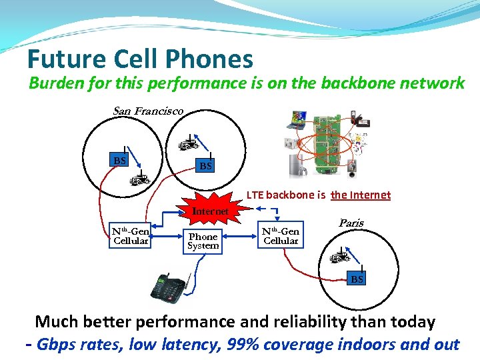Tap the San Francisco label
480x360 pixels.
[x=148, y=111]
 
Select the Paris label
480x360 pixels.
[x=351, y=223]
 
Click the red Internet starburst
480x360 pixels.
[x=210, y=211]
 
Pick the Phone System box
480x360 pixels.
[x=203, y=241]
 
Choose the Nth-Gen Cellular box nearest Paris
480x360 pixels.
[x=281, y=235]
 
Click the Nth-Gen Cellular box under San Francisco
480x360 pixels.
[x=131, y=235]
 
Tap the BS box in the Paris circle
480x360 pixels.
[x=357, y=279]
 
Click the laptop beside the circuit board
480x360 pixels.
[x=295, y=121]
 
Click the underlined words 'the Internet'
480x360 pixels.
[x=361, y=195]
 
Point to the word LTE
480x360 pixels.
[x=255, y=195]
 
